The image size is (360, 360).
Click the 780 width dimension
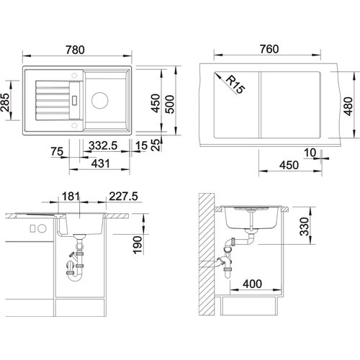pyautogui.click(x=75, y=50)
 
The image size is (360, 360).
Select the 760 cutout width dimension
pyautogui.click(x=269, y=49)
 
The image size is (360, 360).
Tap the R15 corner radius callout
pyautogui.click(x=235, y=85)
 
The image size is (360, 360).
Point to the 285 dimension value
pyautogui.click(x=5, y=102)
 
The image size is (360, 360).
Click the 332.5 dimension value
pyautogui.click(x=103, y=145)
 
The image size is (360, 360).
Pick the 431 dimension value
pyautogui.click(x=101, y=163)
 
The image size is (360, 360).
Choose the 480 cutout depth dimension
pyautogui.click(x=348, y=106)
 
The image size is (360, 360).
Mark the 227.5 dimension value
pyautogui.click(x=123, y=197)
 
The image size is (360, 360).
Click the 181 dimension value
pyautogui.click(x=71, y=196)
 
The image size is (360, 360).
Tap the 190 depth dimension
pyautogui.click(x=138, y=245)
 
